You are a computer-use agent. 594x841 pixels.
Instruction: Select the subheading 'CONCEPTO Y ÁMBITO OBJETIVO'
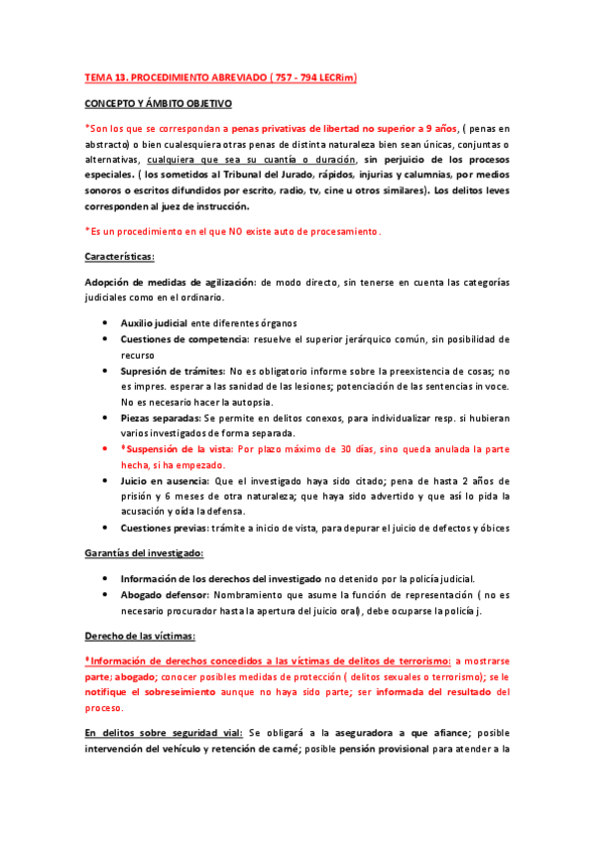(x=158, y=102)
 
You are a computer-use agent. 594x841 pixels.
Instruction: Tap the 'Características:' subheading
(x=120, y=257)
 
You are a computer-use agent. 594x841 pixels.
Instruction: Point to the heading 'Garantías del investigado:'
(x=145, y=552)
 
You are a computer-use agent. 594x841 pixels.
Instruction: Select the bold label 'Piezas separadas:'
(x=160, y=418)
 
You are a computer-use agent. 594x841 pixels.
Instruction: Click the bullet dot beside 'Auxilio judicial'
(x=106, y=323)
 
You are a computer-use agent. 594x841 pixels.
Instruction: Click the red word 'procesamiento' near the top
(x=343, y=231)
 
